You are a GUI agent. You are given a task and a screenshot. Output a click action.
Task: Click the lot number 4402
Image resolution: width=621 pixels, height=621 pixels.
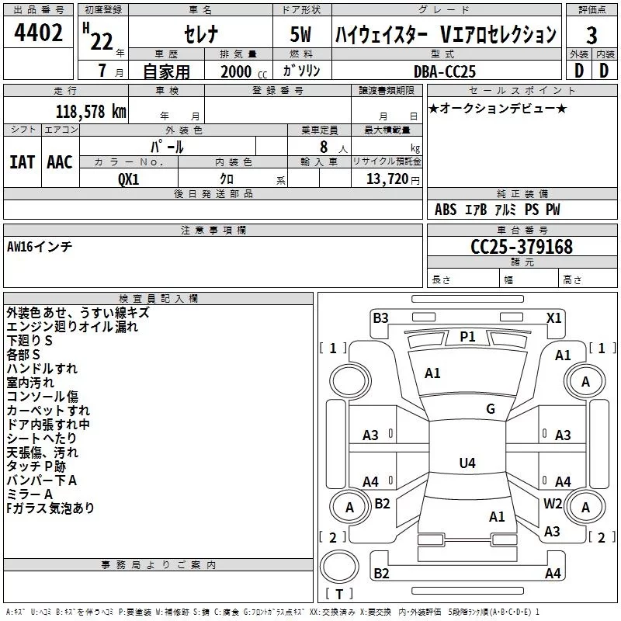pos(38,33)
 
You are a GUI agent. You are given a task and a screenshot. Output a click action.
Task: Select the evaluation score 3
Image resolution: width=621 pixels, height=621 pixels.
pos(592,35)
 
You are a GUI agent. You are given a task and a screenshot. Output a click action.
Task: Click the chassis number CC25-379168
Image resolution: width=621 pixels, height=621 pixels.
pos(522,247)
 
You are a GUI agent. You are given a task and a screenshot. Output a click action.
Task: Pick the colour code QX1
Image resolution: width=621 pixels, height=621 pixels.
pos(128,179)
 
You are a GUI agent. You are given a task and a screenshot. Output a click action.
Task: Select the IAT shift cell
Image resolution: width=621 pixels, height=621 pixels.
pos(22,162)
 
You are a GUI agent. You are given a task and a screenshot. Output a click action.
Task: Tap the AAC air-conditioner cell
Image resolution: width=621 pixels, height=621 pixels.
pos(60,162)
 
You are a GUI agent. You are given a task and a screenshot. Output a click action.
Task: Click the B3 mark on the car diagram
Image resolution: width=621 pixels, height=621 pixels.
pos(380,317)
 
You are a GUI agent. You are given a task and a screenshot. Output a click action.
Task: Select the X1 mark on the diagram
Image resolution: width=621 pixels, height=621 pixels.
pos(553,317)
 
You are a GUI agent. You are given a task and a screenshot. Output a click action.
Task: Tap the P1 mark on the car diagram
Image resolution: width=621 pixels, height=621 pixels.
pos(467,336)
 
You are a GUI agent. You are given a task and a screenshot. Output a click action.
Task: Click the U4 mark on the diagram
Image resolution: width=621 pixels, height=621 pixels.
pos(467,463)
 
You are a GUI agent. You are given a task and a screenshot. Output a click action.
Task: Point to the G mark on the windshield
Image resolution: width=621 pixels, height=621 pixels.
pos(490,409)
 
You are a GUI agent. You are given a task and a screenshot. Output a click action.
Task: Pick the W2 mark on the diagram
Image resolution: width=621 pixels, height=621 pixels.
pos(553,503)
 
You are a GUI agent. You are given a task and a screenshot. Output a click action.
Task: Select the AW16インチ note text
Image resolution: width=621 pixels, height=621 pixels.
pos(40,246)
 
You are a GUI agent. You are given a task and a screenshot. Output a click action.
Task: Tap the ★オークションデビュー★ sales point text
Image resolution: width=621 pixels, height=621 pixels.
pos(497,108)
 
